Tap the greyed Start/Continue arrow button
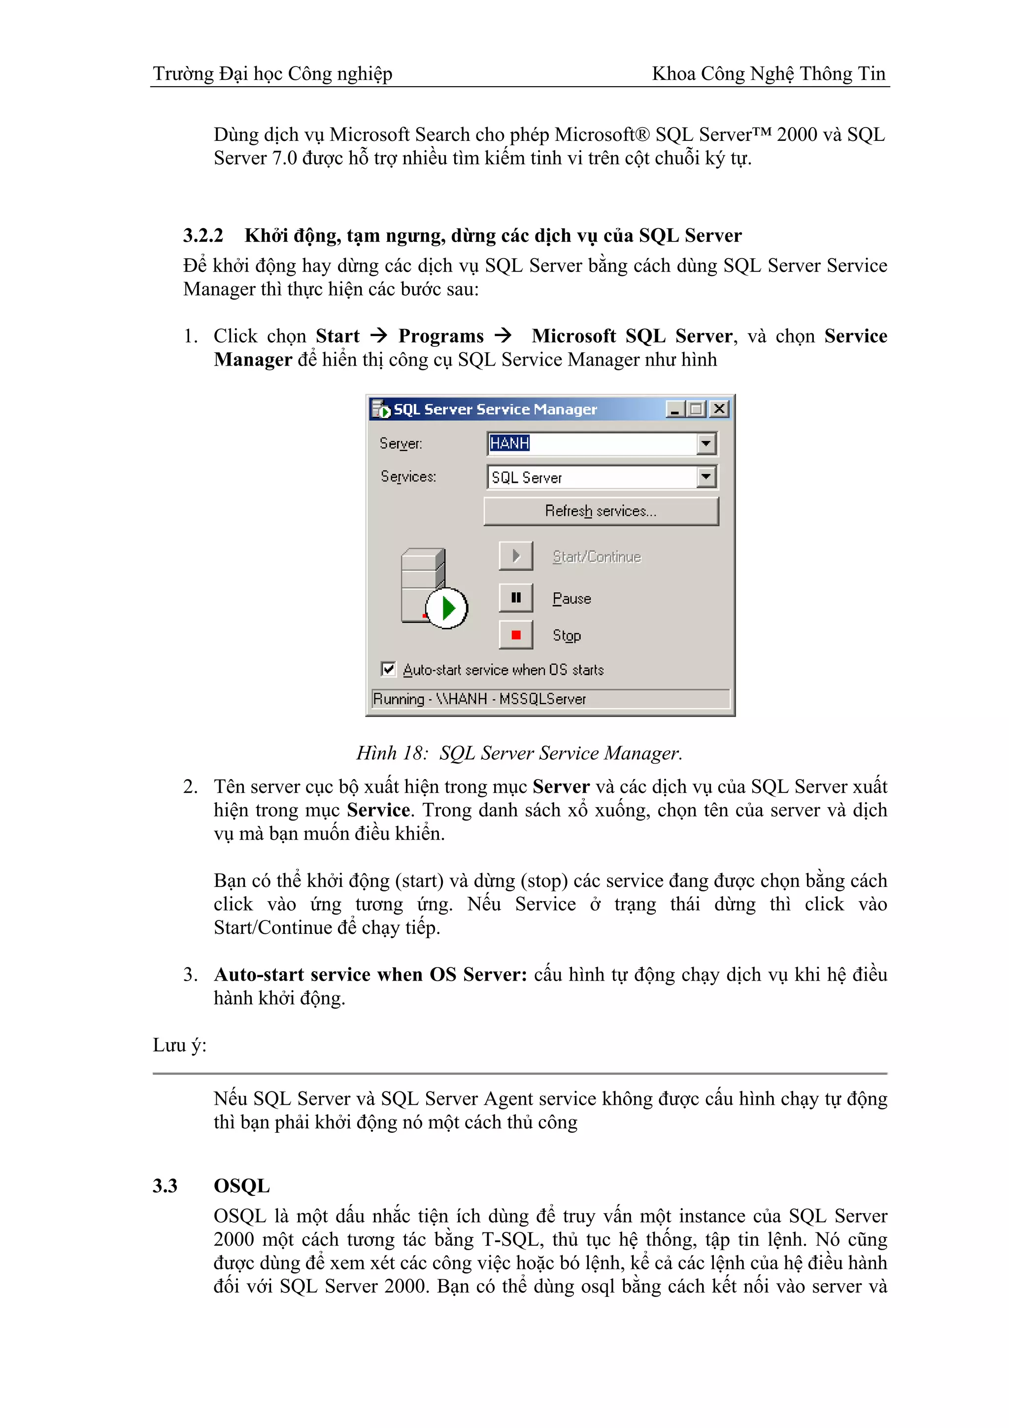click(515, 555)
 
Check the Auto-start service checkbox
click(389, 669)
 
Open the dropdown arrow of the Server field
click(706, 443)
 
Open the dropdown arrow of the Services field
click(706, 477)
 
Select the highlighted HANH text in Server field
click(509, 443)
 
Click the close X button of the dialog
click(719, 408)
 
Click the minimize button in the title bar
click(674, 408)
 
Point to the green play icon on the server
click(447, 608)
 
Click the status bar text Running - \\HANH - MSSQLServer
click(479, 698)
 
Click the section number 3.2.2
click(202, 236)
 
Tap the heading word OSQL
click(242, 1186)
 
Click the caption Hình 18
click(392, 753)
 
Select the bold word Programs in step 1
click(441, 336)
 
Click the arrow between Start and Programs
click(378, 336)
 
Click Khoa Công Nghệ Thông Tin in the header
click(769, 73)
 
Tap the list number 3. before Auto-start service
click(190, 974)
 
